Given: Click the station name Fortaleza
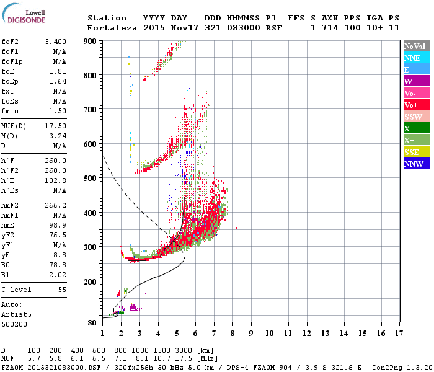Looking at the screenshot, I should [x=112, y=28].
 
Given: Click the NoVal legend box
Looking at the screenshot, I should [x=416, y=46].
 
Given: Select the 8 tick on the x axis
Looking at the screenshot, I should [x=233, y=333].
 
